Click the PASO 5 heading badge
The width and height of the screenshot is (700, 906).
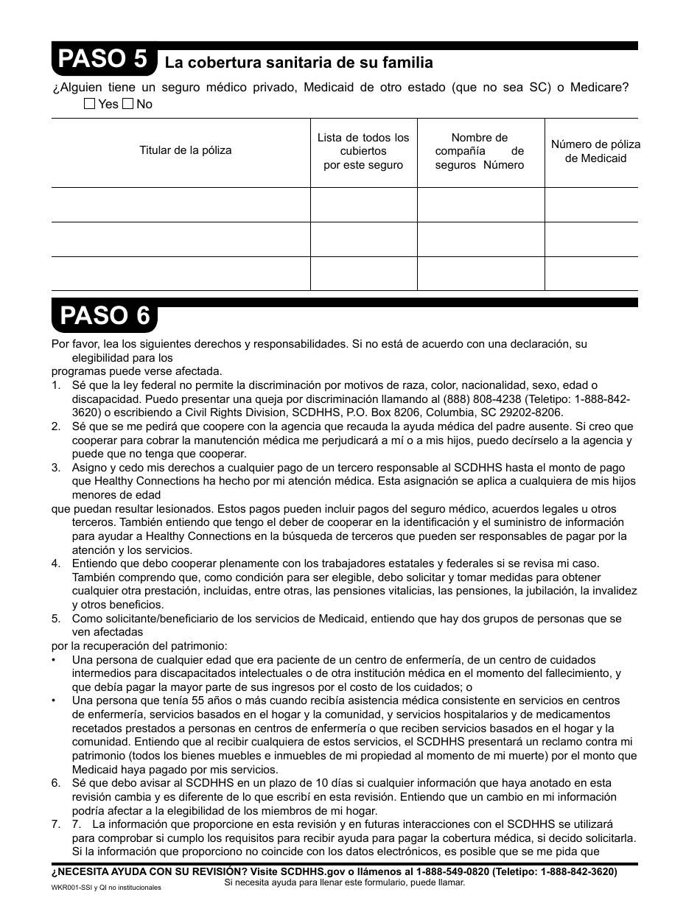click(x=104, y=60)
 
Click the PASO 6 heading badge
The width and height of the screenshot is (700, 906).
click(x=104, y=316)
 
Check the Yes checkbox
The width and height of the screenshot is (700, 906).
click(x=90, y=105)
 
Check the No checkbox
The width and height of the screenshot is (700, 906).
click(x=127, y=105)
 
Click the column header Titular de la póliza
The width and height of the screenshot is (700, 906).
click(x=186, y=150)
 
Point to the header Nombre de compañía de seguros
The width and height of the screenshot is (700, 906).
click(x=480, y=151)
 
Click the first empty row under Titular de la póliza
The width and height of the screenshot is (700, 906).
click(x=181, y=204)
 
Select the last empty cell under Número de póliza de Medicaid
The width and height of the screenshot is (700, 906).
click(x=591, y=273)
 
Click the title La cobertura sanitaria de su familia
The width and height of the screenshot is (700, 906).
click(x=298, y=63)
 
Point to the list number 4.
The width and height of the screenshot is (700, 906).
click(x=56, y=563)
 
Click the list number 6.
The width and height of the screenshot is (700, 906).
click(x=56, y=783)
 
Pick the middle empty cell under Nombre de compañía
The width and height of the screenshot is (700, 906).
click(x=480, y=239)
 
